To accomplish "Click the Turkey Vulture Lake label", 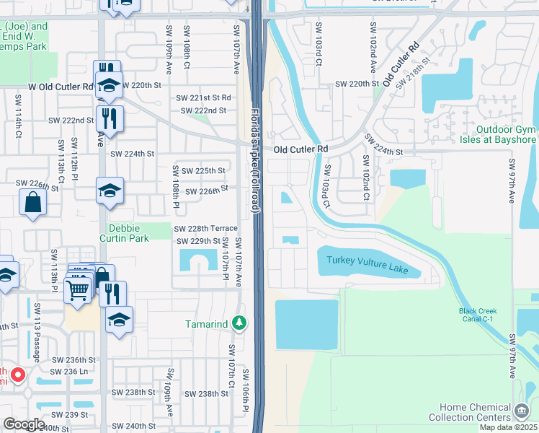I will point(367,265).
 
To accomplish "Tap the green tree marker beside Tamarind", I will point(243,323).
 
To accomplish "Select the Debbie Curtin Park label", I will point(123,233).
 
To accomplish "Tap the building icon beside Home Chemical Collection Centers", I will point(521,412).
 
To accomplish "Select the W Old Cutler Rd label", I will point(61,87).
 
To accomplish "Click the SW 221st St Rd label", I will point(204,97).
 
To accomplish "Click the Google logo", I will point(24,424).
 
